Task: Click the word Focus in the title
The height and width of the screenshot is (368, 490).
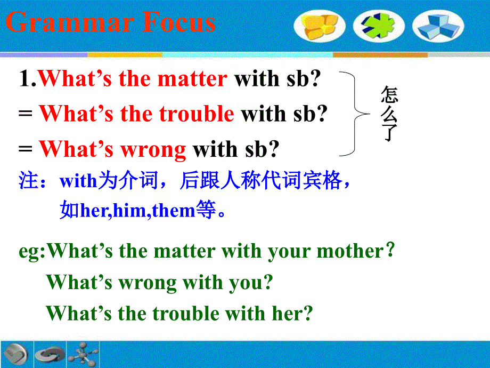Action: click(178, 23)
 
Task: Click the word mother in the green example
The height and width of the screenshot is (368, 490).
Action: click(350, 251)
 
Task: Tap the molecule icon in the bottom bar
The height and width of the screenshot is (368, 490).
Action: click(83, 353)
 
